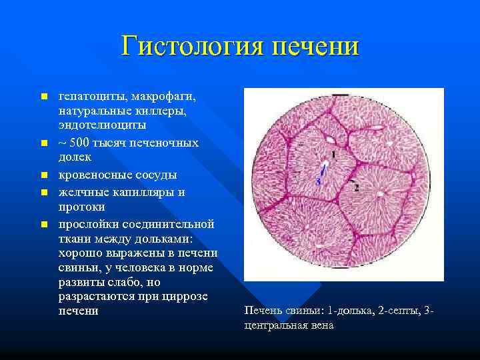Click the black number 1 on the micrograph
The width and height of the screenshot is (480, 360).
click(332, 154)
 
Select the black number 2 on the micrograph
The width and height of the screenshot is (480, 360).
click(357, 188)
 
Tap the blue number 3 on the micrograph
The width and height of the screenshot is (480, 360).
click(318, 180)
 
